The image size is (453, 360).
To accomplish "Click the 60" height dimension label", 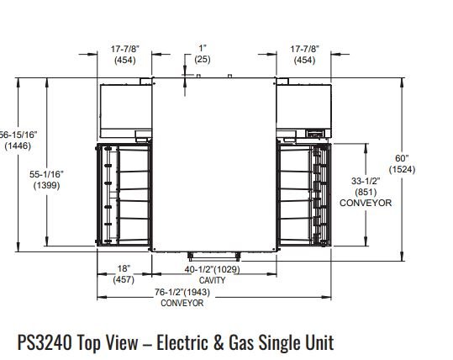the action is (x=402, y=158).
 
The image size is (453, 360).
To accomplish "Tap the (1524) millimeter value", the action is (x=402, y=169).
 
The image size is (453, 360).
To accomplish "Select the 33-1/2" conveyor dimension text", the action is (x=366, y=181).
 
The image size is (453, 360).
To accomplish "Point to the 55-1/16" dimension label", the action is (x=46, y=174).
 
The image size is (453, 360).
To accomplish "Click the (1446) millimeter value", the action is (x=18, y=146).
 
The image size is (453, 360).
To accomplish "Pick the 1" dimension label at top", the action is (x=203, y=48).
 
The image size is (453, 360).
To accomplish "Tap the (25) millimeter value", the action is (x=203, y=59).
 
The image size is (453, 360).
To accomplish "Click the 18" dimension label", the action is (x=124, y=268).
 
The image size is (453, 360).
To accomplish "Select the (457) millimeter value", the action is (x=124, y=279).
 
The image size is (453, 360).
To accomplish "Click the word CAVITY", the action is (x=213, y=280).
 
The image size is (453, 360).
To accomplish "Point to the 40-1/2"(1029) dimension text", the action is (x=213, y=269).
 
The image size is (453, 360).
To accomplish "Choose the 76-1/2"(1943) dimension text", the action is (x=182, y=292).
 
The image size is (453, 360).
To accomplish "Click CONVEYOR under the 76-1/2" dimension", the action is (x=182, y=303).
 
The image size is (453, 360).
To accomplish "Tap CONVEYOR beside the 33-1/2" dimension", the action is (x=366, y=203).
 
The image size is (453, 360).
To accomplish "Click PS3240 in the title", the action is (x=45, y=342).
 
